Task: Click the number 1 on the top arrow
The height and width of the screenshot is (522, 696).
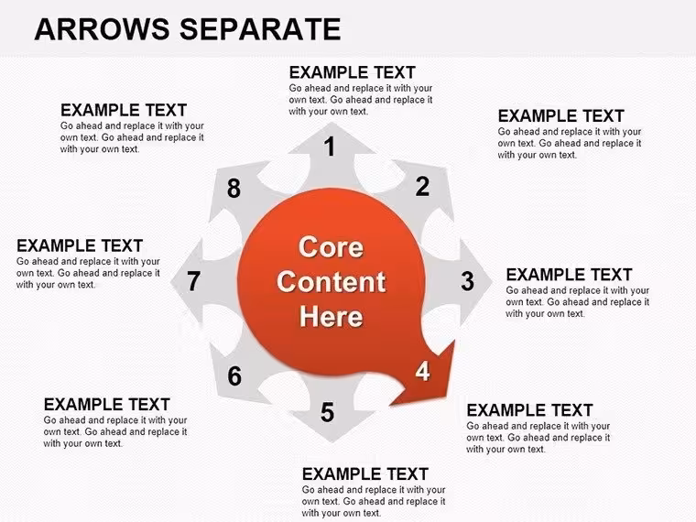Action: click(330, 147)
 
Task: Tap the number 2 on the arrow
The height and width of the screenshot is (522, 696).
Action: click(422, 186)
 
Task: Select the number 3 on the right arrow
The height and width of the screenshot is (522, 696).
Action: click(467, 281)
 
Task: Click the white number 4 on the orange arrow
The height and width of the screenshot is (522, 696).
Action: click(422, 371)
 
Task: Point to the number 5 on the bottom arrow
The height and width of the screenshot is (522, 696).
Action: click(328, 412)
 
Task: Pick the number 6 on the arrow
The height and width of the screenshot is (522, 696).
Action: click(234, 376)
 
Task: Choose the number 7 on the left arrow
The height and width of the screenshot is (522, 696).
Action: click(193, 281)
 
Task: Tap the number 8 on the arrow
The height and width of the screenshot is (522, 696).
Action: click(234, 189)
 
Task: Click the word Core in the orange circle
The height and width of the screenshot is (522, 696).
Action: click(332, 246)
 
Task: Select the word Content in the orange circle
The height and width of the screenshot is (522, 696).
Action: click(332, 281)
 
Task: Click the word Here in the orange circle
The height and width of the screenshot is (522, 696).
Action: click(332, 317)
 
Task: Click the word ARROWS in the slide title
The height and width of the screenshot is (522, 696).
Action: click(102, 29)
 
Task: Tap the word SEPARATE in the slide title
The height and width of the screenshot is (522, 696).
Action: click(260, 29)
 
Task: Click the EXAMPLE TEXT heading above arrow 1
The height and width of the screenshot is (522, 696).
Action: click(352, 72)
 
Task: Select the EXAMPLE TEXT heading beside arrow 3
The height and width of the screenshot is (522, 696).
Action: click(569, 275)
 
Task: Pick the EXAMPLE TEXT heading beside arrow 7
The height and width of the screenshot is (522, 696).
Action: click(80, 245)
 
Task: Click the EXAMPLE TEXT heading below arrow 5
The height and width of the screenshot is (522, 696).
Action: click(364, 474)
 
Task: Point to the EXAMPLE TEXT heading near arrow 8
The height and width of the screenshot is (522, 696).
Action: click(124, 110)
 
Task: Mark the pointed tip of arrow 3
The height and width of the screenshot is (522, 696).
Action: click(492, 281)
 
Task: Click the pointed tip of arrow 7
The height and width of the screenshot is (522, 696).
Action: click(171, 281)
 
